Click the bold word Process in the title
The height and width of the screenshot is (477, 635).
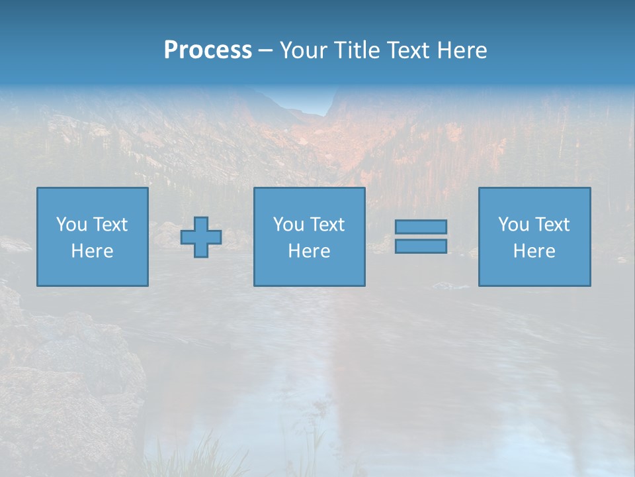click(x=208, y=50)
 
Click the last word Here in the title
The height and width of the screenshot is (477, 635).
click(x=462, y=50)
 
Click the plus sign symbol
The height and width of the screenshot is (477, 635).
click(x=201, y=237)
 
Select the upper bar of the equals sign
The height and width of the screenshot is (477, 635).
click(x=421, y=227)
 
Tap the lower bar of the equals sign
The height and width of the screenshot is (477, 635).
click(x=421, y=246)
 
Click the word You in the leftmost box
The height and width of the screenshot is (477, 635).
click(x=71, y=225)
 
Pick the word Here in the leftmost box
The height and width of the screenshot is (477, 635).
click(x=92, y=251)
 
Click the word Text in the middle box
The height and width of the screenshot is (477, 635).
click(x=327, y=225)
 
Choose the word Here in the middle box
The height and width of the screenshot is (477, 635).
click(x=309, y=251)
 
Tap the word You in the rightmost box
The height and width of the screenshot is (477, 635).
click(x=513, y=225)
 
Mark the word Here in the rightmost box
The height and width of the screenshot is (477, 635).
click(x=534, y=251)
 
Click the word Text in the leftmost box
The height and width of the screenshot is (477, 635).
click(x=110, y=225)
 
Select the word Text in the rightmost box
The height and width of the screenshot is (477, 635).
click(x=552, y=225)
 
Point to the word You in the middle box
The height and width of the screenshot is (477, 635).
click(x=288, y=225)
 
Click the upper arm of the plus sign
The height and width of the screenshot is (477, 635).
click(x=201, y=224)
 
